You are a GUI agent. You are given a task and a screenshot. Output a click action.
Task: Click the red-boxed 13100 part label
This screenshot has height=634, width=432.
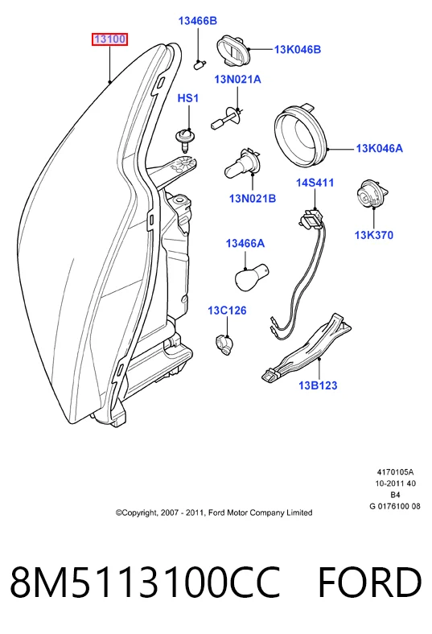109,39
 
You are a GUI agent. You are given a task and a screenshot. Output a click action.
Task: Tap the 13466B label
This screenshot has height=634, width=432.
198,21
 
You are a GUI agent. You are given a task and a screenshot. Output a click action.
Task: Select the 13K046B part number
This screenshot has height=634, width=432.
298,49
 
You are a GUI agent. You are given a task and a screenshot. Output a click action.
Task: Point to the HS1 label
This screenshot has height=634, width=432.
188,98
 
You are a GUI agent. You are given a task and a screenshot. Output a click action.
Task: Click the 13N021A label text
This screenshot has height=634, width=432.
237,79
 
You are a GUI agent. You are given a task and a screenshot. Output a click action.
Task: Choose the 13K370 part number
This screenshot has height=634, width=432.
374,235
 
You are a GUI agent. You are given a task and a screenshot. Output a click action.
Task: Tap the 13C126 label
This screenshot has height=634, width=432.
227,311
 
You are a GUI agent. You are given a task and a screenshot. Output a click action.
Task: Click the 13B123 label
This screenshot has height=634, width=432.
318,385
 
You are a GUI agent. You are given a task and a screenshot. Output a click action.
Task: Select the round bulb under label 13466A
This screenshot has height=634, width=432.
251,277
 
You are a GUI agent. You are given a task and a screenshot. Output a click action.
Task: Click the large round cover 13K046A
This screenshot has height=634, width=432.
301,138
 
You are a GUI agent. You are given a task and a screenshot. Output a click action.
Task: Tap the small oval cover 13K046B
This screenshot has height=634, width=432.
233,50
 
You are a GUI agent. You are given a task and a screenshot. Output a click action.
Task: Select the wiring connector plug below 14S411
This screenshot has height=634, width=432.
311,218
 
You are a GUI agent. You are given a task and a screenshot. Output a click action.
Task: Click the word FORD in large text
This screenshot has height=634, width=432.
369,583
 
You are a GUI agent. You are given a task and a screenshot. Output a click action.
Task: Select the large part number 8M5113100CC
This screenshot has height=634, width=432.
145,583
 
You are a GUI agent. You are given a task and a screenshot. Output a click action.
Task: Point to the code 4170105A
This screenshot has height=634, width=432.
395,471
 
